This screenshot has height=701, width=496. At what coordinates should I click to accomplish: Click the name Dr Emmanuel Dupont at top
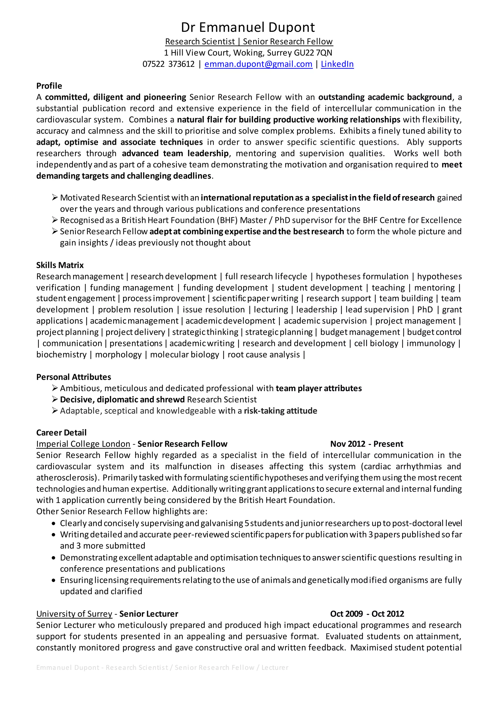[x=248, y=28]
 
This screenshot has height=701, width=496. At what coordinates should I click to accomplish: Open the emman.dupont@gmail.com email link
[x=258, y=64]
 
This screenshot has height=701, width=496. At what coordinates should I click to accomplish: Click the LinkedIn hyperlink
[x=337, y=64]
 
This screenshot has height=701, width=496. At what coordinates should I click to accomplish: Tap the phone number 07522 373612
[x=169, y=64]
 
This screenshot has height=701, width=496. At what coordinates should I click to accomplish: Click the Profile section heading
[x=49, y=86]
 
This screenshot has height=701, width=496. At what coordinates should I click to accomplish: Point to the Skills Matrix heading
[x=60, y=265]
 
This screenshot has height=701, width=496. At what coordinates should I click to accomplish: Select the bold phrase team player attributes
[x=318, y=388]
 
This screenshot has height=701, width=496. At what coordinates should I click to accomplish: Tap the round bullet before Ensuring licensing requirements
[x=54, y=580]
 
